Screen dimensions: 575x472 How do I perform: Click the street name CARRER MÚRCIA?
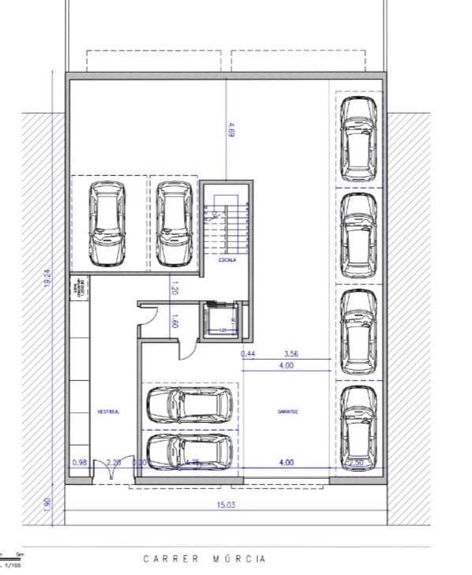(x=204, y=558)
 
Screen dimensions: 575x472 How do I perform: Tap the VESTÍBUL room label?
(x=107, y=412)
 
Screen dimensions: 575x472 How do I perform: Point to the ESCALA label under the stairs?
(x=227, y=258)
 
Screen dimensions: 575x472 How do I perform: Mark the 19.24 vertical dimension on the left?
(x=47, y=281)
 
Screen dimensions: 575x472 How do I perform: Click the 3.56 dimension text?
(x=290, y=355)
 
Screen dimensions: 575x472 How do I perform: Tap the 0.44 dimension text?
(x=248, y=355)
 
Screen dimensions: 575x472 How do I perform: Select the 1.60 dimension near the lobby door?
(x=174, y=320)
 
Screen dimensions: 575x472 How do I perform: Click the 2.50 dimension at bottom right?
(x=356, y=462)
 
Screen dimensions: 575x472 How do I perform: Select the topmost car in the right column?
(x=358, y=139)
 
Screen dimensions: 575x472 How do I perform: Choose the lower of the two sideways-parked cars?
(x=189, y=451)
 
